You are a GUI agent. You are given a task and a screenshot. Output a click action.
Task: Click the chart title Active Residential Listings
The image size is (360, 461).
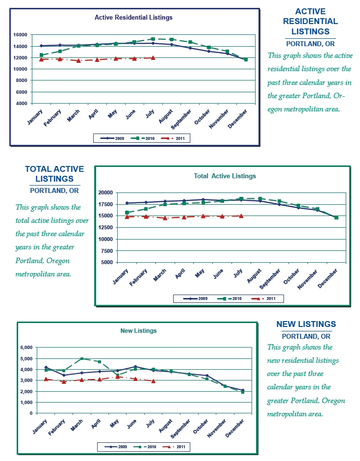133,18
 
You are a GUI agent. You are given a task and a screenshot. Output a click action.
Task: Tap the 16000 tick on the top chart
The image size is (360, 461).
20,35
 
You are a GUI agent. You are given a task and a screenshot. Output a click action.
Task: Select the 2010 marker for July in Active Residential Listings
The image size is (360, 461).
153,39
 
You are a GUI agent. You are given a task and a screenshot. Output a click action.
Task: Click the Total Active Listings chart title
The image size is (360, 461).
225,176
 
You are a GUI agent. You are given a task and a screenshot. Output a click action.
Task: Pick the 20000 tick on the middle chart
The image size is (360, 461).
107,192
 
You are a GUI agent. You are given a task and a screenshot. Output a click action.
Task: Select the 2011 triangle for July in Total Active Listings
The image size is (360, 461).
241,216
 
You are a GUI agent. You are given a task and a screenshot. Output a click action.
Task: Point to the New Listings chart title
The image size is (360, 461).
138,331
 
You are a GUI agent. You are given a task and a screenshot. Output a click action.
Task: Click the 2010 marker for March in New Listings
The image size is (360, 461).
82,359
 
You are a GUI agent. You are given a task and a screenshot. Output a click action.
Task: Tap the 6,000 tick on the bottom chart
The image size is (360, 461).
26,348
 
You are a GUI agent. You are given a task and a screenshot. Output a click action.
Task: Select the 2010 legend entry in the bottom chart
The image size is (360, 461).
149,447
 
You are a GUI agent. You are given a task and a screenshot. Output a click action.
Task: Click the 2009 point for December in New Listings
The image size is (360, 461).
243,390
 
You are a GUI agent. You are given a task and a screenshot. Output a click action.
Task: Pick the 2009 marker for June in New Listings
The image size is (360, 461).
135,367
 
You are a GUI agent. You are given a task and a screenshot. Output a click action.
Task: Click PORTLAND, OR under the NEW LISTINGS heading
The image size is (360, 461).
306,336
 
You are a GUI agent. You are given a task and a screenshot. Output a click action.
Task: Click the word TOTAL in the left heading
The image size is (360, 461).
38,169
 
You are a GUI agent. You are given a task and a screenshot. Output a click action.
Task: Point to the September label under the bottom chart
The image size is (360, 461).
181,430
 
